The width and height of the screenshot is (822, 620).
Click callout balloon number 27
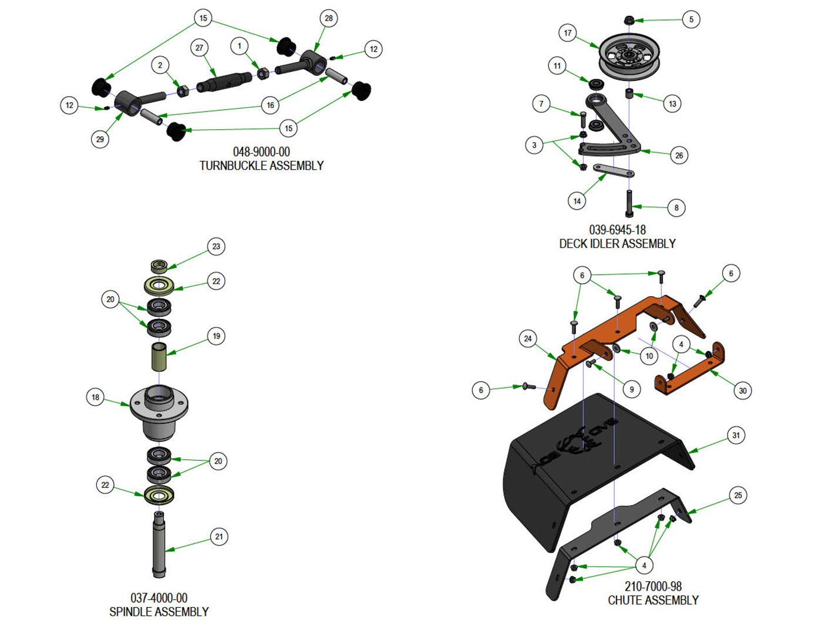click(x=200, y=48)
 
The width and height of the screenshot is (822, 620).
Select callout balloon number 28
click(x=329, y=18)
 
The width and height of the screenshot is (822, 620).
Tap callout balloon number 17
click(x=567, y=33)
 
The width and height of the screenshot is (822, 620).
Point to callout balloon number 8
click(x=676, y=208)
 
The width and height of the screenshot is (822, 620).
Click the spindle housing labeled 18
click(x=159, y=411)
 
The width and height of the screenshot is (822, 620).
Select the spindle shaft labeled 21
click(x=159, y=543)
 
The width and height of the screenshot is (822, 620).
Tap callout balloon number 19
click(x=217, y=336)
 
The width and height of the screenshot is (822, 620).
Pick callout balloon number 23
click(x=216, y=247)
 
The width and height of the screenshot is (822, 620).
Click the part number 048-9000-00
click(x=261, y=152)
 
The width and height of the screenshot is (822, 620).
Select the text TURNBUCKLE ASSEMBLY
click(x=261, y=166)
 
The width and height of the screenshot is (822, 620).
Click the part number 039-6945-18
click(x=617, y=230)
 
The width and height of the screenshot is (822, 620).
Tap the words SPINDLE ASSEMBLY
click(x=159, y=612)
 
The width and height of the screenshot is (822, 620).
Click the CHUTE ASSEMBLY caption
click(x=653, y=600)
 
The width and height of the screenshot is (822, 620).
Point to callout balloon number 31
click(x=736, y=436)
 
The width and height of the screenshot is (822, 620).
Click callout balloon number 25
click(x=738, y=496)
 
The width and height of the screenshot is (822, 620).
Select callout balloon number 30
click(x=743, y=391)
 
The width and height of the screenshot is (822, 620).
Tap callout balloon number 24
click(x=528, y=339)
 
